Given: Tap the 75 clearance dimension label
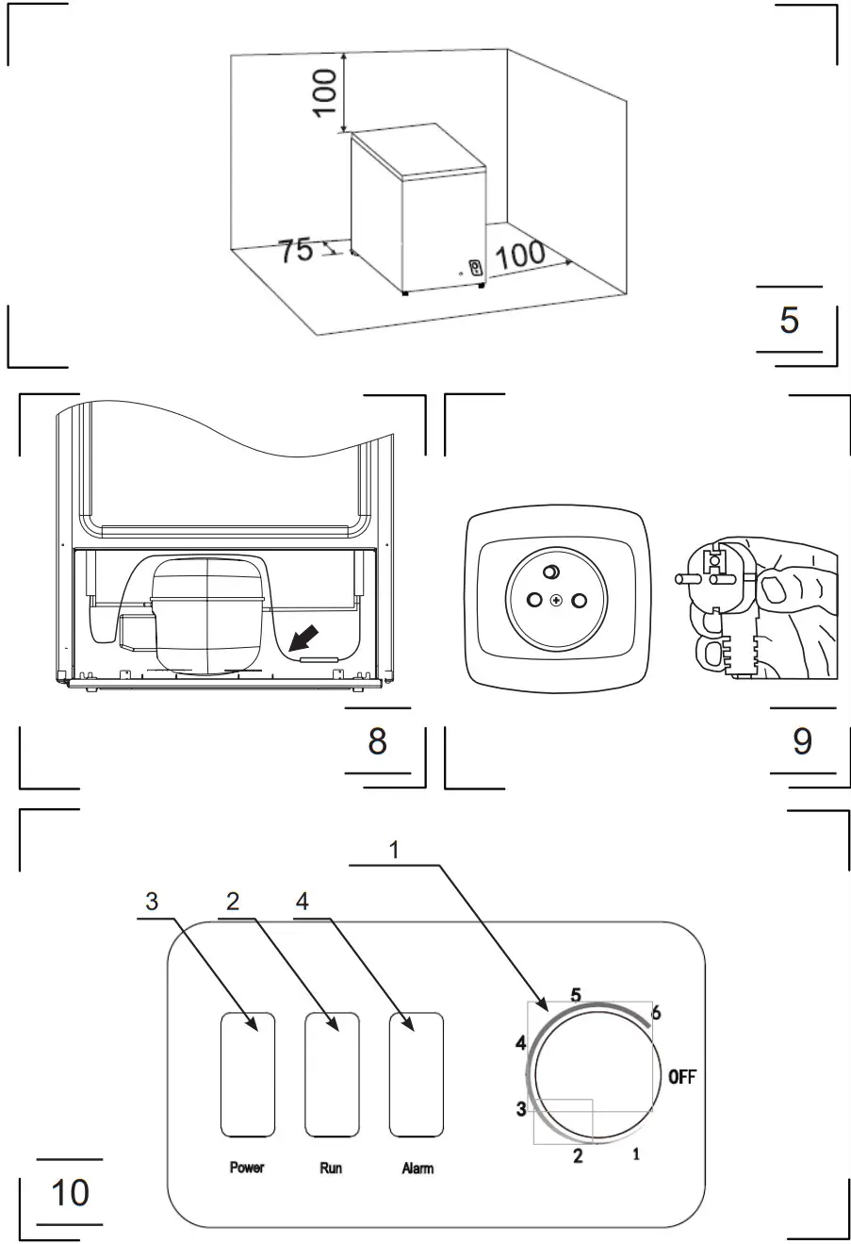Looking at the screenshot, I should pos(295,251).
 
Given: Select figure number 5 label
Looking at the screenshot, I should pos(789,320).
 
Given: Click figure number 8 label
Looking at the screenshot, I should pos(377,740).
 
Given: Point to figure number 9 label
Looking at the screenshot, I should pos(801,740).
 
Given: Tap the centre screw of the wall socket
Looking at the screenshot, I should pos(557,601).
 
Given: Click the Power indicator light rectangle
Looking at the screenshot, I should pos(248,1075).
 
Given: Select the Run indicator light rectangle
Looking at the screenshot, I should pos(331,1075).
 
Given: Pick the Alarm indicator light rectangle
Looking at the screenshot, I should pos(416,1075).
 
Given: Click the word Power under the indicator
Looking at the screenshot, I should pos(247,1168).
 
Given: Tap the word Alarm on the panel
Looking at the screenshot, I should pos(417,1169).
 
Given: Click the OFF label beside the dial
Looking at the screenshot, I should pos(681,1076).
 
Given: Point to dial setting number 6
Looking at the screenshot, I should pos(656,1013).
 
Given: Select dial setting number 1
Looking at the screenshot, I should pos(636,1153).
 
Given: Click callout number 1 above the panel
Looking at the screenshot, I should pos(395,849).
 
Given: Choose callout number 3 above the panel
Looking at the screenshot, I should pos(152,901).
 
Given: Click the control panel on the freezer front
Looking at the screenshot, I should pos(476,267).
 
